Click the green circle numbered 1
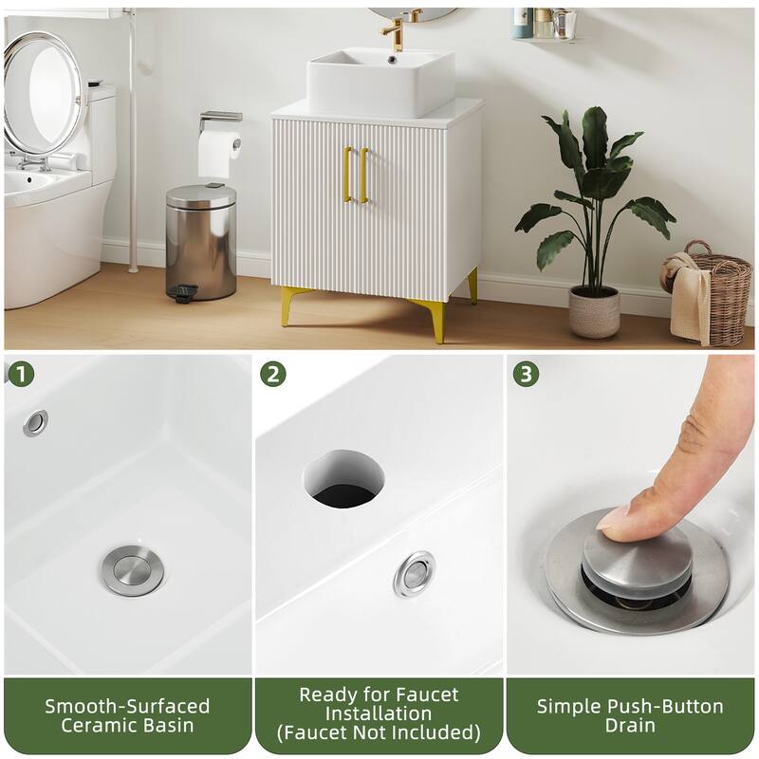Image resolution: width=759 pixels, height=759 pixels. click(x=22, y=374)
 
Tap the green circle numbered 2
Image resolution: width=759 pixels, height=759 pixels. click(x=273, y=374)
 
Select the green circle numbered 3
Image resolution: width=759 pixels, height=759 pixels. click(x=527, y=374)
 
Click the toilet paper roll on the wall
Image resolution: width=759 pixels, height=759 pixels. click(x=219, y=154)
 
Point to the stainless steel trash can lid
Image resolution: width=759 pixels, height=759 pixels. click(x=201, y=195)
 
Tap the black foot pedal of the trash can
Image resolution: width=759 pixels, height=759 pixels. click(x=183, y=292)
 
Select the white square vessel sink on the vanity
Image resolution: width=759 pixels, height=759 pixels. click(x=380, y=83)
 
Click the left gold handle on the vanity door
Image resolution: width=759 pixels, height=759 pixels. click(x=346, y=175)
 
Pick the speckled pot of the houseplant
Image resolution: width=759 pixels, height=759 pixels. click(x=594, y=311)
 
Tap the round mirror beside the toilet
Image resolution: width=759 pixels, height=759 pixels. click(x=44, y=93)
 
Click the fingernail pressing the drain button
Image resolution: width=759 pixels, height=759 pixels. click(x=613, y=518)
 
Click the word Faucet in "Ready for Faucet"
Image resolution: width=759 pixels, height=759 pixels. click(x=426, y=695)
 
